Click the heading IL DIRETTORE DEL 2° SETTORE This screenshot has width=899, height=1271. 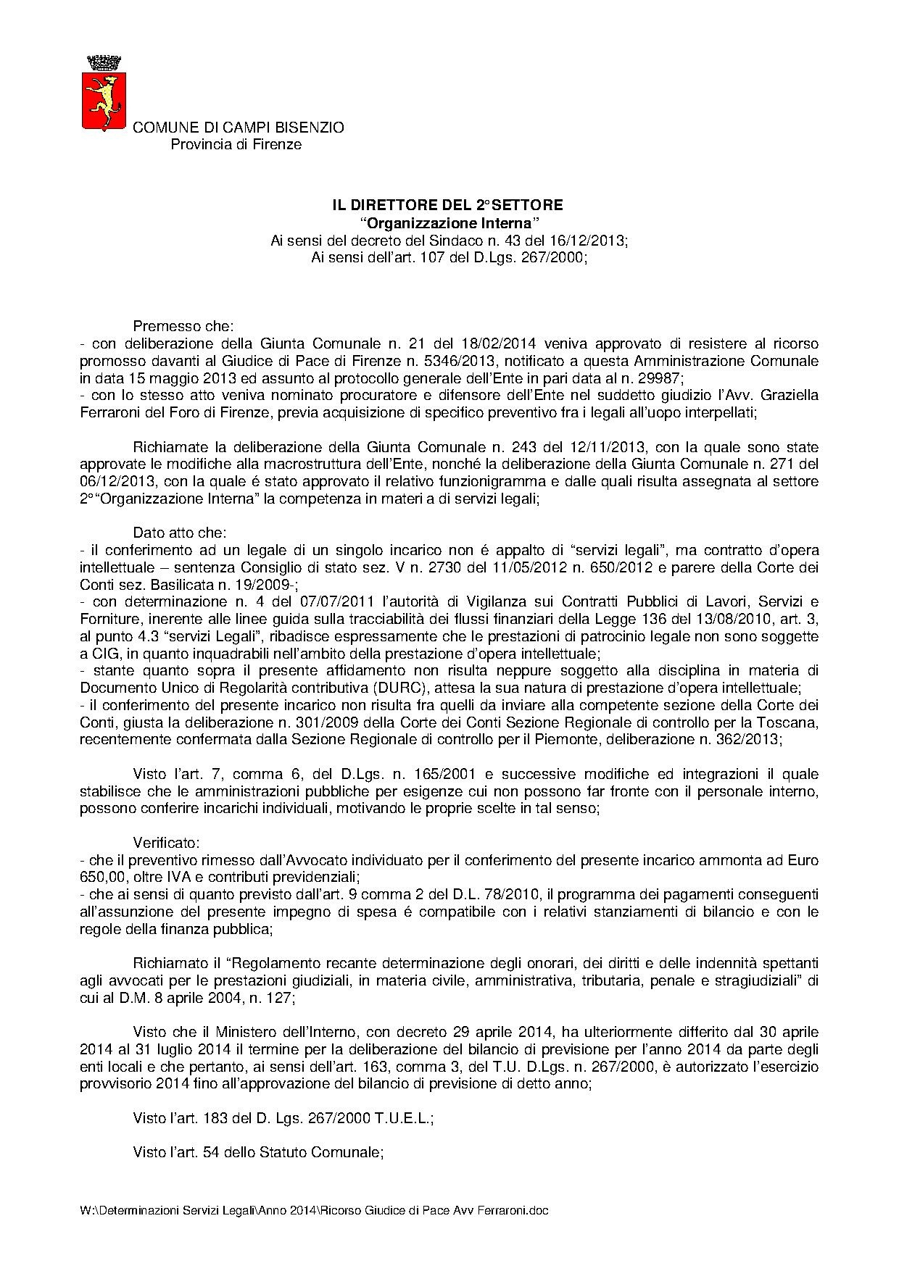pos(442,205)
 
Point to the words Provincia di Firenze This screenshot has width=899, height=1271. pos(236,144)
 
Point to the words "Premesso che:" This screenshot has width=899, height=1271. pos(183,327)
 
